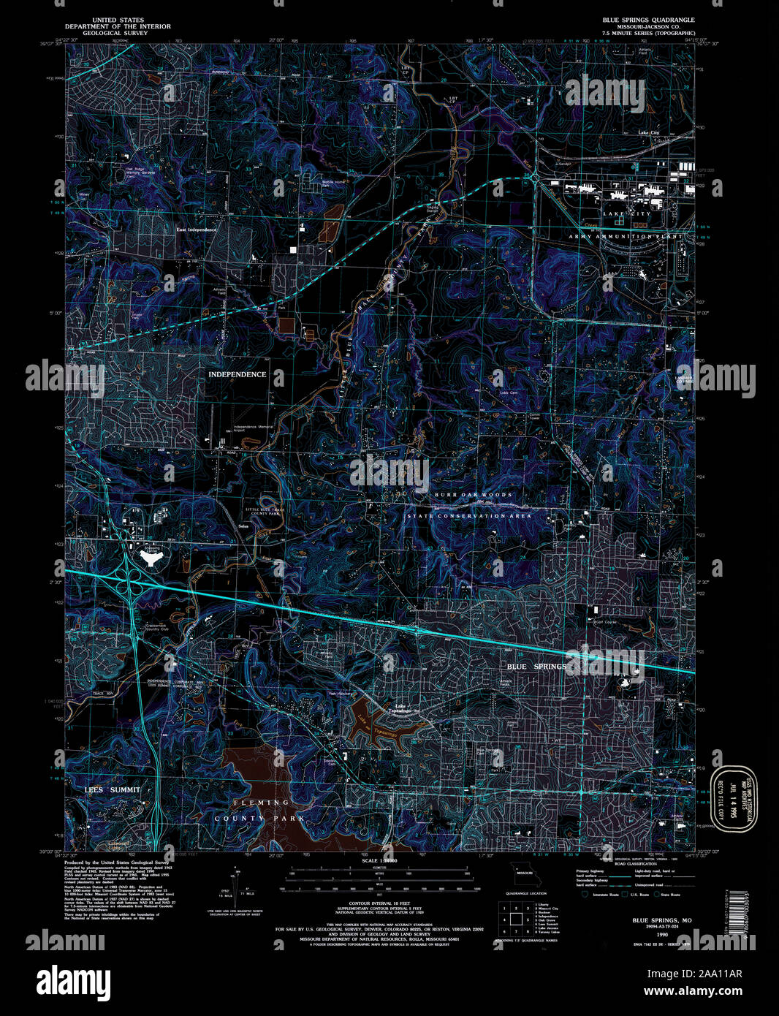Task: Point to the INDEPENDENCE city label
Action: coord(237,374)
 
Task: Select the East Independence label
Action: coord(196,230)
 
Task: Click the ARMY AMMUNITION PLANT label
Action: coord(626,237)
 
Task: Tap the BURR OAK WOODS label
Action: coord(473,495)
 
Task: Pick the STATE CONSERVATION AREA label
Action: coord(469,516)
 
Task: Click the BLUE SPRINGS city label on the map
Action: coord(536,667)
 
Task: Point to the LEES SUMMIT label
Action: coord(106,790)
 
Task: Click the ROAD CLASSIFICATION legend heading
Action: coord(614,864)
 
